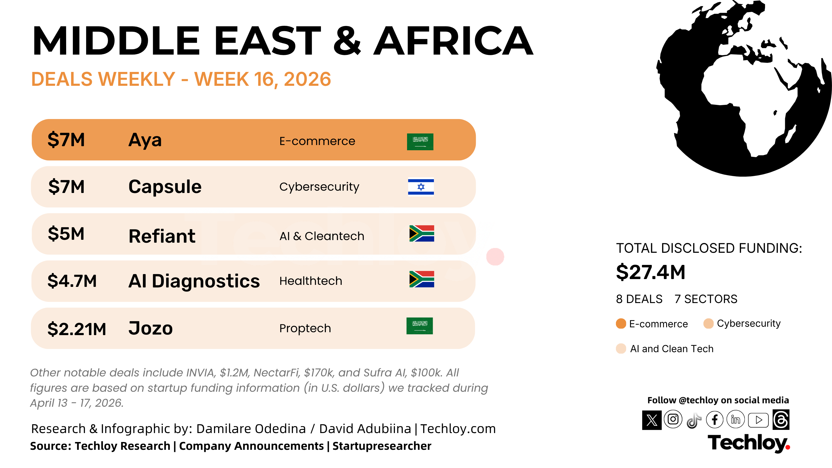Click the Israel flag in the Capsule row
(x=421, y=187)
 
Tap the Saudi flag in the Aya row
(x=420, y=142)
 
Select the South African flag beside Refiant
(x=421, y=233)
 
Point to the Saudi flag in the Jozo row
(x=419, y=326)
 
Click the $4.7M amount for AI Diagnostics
(x=72, y=281)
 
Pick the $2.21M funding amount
(x=77, y=329)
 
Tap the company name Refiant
(x=162, y=236)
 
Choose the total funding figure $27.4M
(x=651, y=272)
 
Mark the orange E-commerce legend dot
(x=621, y=324)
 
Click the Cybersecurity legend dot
(x=708, y=324)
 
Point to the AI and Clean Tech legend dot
(x=621, y=348)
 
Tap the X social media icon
(x=652, y=420)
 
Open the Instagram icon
(x=673, y=419)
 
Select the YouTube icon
(x=758, y=420)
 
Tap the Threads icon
(x=781, y=419)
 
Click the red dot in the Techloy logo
(x=788, y=447)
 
